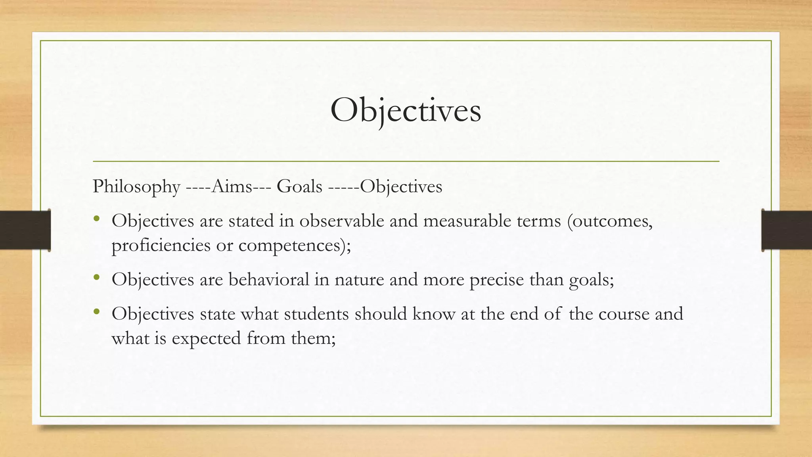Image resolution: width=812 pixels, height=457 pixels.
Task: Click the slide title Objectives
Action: pyautogui.click(x=406, y=111)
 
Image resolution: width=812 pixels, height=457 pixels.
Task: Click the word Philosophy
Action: pyautogui.click(x=136, y=186)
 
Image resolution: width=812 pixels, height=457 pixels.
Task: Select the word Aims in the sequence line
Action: pyautogui.click(x=232, y=186)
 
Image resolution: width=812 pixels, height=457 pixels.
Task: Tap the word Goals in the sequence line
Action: pyautogui.click(x=299, y=186)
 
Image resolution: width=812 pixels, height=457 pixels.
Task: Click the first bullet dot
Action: pyautogui.click(x=96, y=219)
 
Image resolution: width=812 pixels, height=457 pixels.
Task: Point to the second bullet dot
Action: pyautogui.click(x=96, y=278)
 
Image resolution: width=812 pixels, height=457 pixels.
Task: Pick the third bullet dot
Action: pyautogui.click(x=96, y=312)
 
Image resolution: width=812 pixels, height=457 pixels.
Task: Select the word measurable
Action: pyautogui.click(x=467, y=221)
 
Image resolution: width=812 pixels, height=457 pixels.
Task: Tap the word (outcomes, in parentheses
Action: pyautogui.click(x=609, y=221)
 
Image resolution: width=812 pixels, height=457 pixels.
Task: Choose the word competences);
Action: pyautogui.click(x=295, y=246)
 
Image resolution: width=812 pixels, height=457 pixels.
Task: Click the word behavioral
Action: pyautogui.click(x=268, y=280)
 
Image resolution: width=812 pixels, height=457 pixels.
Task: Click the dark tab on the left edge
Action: pyautogui.click(x=25, y=230)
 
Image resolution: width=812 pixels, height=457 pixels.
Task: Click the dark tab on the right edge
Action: pyautogui.click(x=787, y=230)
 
